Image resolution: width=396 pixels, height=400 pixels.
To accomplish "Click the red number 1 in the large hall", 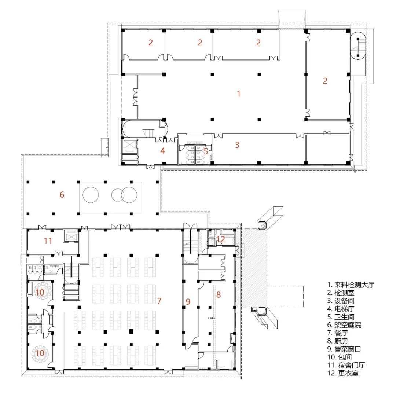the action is click(x=239, y=93).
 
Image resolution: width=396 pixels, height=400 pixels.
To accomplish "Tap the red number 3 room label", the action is click(x=237, y=145).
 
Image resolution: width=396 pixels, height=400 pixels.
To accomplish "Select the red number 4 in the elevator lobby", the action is click(x=162, y=151).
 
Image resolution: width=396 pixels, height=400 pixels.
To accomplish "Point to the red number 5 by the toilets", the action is click(x=206, y=151).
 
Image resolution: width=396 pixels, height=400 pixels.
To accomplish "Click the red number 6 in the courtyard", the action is click(x=62, y=195).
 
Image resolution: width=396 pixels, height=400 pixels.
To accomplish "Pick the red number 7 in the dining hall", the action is click(x=159, y=301).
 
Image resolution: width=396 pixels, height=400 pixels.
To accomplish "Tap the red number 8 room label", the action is click(x=219, y=294).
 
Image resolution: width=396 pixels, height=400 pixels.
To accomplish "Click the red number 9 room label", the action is click(x=188, y=301).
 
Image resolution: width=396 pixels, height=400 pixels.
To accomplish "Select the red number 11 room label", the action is click(x=48, y=241).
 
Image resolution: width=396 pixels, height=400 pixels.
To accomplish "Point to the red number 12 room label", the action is click(x=221, y=239).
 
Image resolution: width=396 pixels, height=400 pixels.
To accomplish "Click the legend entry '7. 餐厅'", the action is click(x=337, y=333).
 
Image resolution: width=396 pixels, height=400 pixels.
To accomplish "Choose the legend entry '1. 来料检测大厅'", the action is click(x=351, y=285).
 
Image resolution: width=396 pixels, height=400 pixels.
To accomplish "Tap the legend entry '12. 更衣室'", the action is click(x=343, y=373).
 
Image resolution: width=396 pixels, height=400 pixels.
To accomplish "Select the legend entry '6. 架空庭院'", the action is click(x=344, y=325).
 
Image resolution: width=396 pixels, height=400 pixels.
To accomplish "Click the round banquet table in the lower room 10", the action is click(x=40, y=353).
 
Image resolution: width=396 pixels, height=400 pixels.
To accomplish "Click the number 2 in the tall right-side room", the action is click(x=325, y=81).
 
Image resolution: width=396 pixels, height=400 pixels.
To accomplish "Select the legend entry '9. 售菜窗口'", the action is click(x=344, y=349).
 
